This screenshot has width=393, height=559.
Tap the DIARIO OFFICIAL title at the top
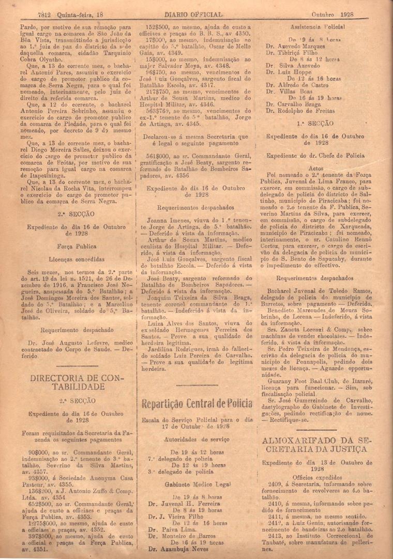coord(194,14)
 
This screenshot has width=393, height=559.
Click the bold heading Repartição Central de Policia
coord(196,403)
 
